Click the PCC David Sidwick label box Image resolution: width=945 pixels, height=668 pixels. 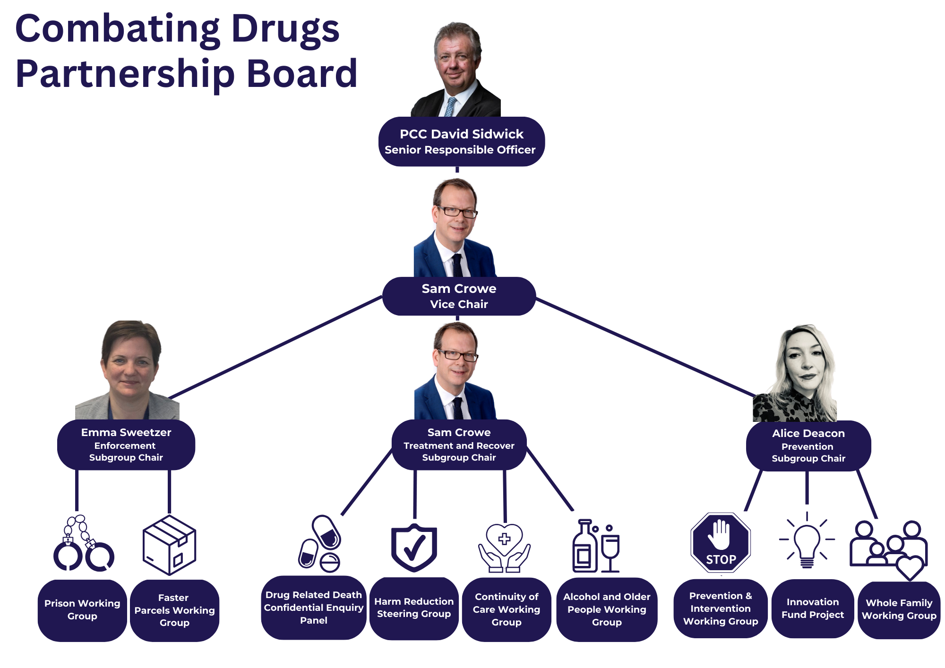pos(461,141)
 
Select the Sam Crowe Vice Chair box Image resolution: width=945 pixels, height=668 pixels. pos(459,296)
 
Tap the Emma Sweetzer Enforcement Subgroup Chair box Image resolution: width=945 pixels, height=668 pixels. pos(126,445)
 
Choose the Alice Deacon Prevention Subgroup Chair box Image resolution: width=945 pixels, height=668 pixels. pos(808,445)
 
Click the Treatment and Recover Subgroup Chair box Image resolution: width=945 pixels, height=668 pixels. pos(459,445)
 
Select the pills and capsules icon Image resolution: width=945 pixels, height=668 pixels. pos(320,544)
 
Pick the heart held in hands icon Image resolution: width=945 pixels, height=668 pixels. pos(504,548)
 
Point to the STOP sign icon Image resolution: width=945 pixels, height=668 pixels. pos(721,543)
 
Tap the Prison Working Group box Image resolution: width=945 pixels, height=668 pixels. pos(82,610)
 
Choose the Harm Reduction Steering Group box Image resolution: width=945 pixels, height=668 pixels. pos(414,608)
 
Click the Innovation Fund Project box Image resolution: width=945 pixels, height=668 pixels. pos(813,608)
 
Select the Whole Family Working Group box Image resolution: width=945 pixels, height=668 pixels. pos(899,609)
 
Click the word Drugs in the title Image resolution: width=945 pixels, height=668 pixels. pos(285,29)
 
